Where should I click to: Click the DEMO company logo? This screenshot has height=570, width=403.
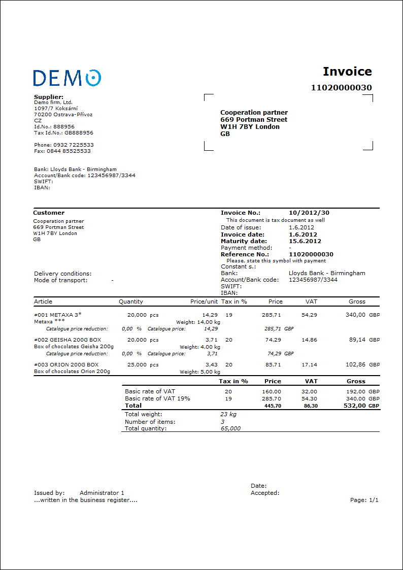(x=67, y=78)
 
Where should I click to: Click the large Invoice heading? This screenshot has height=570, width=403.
(x=347, y=72)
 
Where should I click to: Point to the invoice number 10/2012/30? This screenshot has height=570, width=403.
(x=309, y=213)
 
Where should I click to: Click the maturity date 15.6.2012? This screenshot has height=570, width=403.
(x=305, y=241)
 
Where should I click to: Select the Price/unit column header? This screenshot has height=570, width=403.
(x=204, y=301)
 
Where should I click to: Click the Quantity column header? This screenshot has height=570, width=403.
(x=131, y=301)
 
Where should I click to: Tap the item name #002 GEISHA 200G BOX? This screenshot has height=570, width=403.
(x=68, y=340)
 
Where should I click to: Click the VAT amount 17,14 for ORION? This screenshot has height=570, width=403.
(x=309, y=364)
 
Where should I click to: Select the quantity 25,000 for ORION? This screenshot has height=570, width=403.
(x=137, y=364)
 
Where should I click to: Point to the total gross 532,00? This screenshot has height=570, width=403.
(x=355, y=406)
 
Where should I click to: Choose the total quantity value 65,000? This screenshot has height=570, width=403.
(x=230, y=428)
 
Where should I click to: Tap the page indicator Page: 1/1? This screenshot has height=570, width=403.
(x=364, y=500)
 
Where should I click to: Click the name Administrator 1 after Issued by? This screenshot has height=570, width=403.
(x=102, y=493)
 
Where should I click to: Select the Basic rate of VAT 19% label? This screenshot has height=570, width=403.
(x=157, y=398)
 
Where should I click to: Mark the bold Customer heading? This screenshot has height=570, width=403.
(x=49, y=213)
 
